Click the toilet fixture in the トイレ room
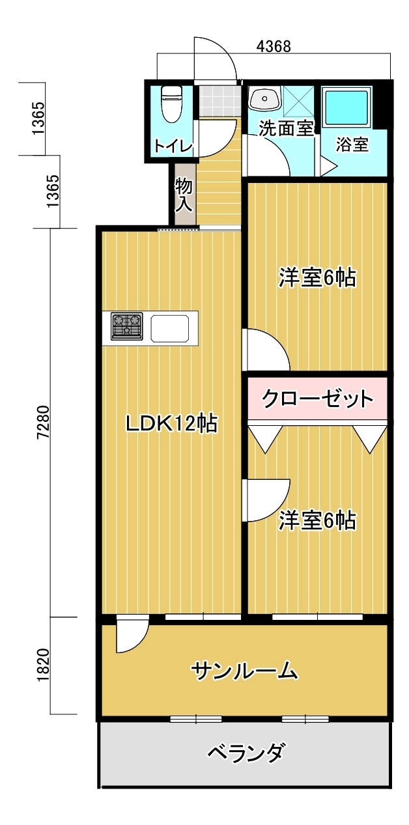(172, 104)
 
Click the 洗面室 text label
(287, 128)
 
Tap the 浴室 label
(352, 145)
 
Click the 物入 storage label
(184, 195)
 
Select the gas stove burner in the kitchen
(126, 326)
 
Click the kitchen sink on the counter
(173, 327)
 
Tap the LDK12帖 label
(171, 424)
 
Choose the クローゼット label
(317, 397)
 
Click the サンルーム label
(246, 670)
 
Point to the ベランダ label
(246, 753)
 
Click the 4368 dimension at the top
(274, 46)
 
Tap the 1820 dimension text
(42, 665)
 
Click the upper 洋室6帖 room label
(317, 278)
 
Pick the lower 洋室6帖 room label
(317, 520)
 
